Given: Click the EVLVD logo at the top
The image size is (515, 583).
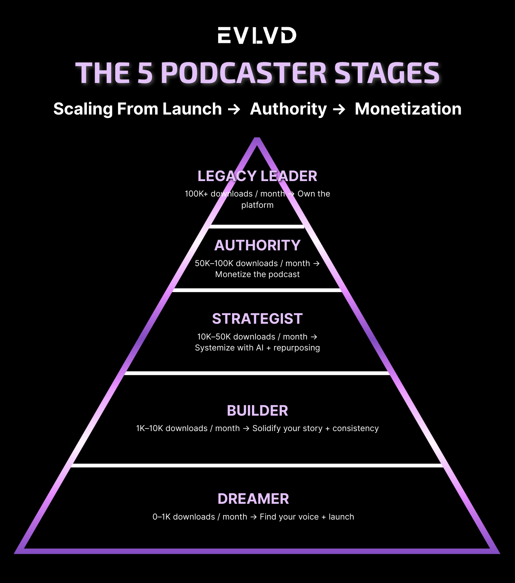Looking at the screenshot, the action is point(257,35).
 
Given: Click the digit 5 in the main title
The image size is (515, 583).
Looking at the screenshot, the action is point(145,73).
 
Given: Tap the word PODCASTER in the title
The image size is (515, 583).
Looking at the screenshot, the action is point(244,73).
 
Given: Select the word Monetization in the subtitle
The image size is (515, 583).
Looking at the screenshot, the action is point(408,109).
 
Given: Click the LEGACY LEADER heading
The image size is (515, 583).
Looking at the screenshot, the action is point(257,176).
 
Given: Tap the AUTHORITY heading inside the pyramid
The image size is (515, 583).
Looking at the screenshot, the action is point(257,245).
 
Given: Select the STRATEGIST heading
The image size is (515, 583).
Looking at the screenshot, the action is point(257,319).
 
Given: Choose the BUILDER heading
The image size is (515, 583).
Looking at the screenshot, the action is point(257,411).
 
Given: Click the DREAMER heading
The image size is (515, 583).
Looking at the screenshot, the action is point(253,499).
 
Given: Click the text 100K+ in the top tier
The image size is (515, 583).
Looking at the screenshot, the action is point(196,194).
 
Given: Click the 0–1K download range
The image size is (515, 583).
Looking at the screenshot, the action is point(161,517).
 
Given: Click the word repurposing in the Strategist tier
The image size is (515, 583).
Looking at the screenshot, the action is point(297,348).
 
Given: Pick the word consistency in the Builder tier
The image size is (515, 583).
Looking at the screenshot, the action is point(355,429).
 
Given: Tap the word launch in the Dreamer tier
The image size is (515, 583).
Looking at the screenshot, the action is point(341,517).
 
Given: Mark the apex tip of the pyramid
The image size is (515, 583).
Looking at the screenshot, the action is point(257,138).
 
